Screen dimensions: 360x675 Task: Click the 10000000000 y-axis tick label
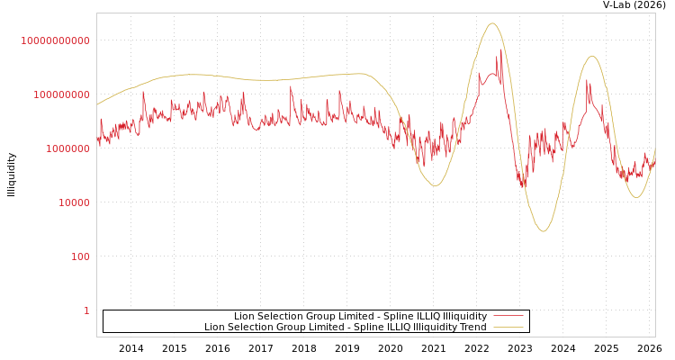(x=55, y=40)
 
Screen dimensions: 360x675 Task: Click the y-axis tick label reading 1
(x=86, y=310)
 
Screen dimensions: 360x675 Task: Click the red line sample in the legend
(x=508, y=316)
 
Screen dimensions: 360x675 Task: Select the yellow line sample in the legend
(x=508, y=327)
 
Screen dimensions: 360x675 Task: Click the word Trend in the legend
(x=472, y=327)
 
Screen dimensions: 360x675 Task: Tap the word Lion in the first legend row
(x=244, y=316)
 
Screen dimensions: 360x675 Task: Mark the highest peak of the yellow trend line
(x=492, y=23)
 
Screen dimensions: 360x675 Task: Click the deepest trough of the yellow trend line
(x=543, y=231)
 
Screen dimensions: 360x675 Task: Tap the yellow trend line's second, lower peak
(x=591, y=56)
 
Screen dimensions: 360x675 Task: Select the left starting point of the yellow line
(x=97, y=104)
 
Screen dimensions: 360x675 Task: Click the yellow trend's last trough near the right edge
(x=636, y=197)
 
